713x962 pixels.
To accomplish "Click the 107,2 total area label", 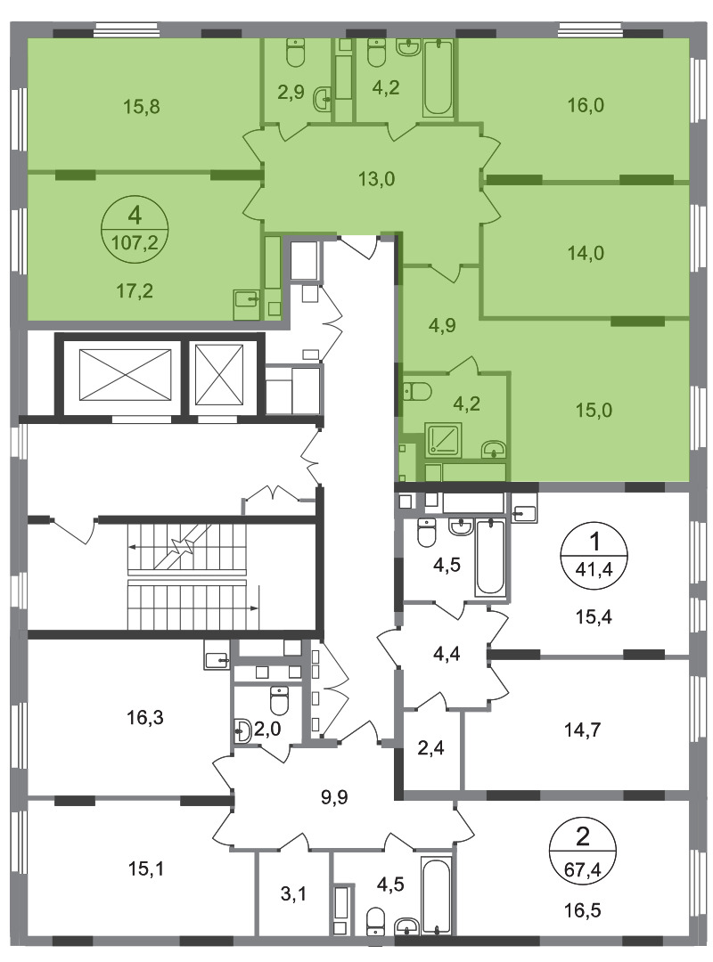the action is point(135,243).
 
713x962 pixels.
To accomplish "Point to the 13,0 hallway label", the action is point(376,179).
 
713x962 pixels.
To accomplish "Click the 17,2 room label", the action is point(135,290).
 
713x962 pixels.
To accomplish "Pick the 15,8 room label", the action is point(142,107).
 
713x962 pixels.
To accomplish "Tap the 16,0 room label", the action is point(586,105).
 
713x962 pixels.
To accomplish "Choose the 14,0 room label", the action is point(586,252).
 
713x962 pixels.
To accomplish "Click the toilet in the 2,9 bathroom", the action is point(297,53).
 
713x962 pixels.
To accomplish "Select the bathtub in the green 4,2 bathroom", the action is point(438,77).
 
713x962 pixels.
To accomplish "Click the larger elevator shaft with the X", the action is point(126,376).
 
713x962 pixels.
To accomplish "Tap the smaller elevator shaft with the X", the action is point(219,375).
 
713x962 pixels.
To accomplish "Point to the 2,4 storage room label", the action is point(430,748).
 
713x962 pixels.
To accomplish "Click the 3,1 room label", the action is point(293,894).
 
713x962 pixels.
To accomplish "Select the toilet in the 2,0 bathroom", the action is point(280,701).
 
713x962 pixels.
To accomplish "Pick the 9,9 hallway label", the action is point(334,797).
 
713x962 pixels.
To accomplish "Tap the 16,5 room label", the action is point(582,909).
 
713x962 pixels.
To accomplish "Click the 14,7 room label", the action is point(582,730).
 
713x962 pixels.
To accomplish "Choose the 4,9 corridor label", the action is point(441,325).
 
